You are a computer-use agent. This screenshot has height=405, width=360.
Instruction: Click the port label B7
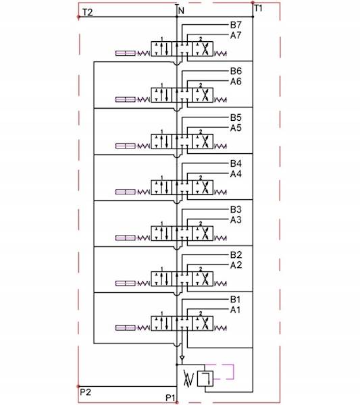(x=236, y=25)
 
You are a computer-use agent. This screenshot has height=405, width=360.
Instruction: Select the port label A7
(x=236, y=35)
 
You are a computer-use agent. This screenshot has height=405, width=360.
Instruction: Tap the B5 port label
(x=236, y=117)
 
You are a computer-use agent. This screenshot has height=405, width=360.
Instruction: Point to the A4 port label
(x=236, y=174)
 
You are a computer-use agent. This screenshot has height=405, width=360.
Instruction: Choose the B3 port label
(x=236, y=209)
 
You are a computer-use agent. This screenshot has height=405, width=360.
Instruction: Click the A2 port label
(x=236, y=265)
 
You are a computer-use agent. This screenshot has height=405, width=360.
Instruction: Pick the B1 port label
(x=235, y=300)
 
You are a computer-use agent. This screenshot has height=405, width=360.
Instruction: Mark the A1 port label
(x=235, y=310)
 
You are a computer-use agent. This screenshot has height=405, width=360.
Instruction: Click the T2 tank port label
(x=88, y=12)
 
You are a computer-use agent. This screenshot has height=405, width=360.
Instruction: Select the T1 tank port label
(x=258, y=8)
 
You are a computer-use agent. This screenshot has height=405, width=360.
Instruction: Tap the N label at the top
(x=181, y=11)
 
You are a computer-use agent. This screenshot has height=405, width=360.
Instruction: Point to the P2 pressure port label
(x=85, y=392)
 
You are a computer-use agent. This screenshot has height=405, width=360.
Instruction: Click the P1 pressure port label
(x=170, y=398)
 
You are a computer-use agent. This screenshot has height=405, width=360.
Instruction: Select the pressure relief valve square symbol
(x=205, y=379)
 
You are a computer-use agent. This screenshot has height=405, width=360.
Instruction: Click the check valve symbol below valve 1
(x=182, y=358)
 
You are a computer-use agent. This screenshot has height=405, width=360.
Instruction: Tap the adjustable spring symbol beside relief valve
(x=188, y=379)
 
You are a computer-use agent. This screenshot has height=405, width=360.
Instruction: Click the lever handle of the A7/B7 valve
(x=126, y=53)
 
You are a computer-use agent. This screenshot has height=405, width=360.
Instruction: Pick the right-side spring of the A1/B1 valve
(x=220, y=328)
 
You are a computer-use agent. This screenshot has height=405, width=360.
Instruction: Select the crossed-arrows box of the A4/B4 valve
(x=203, y=187)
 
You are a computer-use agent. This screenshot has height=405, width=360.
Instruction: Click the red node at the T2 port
(x=78, y=17)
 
